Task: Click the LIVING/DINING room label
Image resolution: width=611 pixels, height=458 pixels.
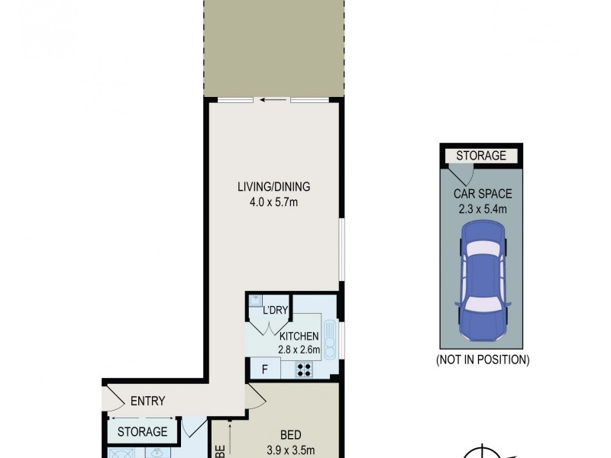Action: (x=273, y=187)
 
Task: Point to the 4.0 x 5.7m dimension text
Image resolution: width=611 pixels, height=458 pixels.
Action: (x=273, y=203)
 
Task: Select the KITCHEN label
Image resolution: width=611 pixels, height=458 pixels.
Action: (x=299, y=337)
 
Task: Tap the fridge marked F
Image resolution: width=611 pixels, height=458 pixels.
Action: (x=263, y=370)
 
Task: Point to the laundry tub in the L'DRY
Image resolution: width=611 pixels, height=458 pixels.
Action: (x=257, y=301)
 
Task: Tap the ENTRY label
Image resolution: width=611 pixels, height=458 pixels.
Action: (x=147, y=402)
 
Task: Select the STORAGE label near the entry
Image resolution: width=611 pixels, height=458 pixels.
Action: (x=141, y=432)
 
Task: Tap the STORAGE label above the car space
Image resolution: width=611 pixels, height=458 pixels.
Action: (x=481, y=156)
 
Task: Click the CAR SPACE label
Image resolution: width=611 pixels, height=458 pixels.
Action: (x=482, y=194)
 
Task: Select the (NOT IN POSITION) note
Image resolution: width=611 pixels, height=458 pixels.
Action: (x=482, y=359)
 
